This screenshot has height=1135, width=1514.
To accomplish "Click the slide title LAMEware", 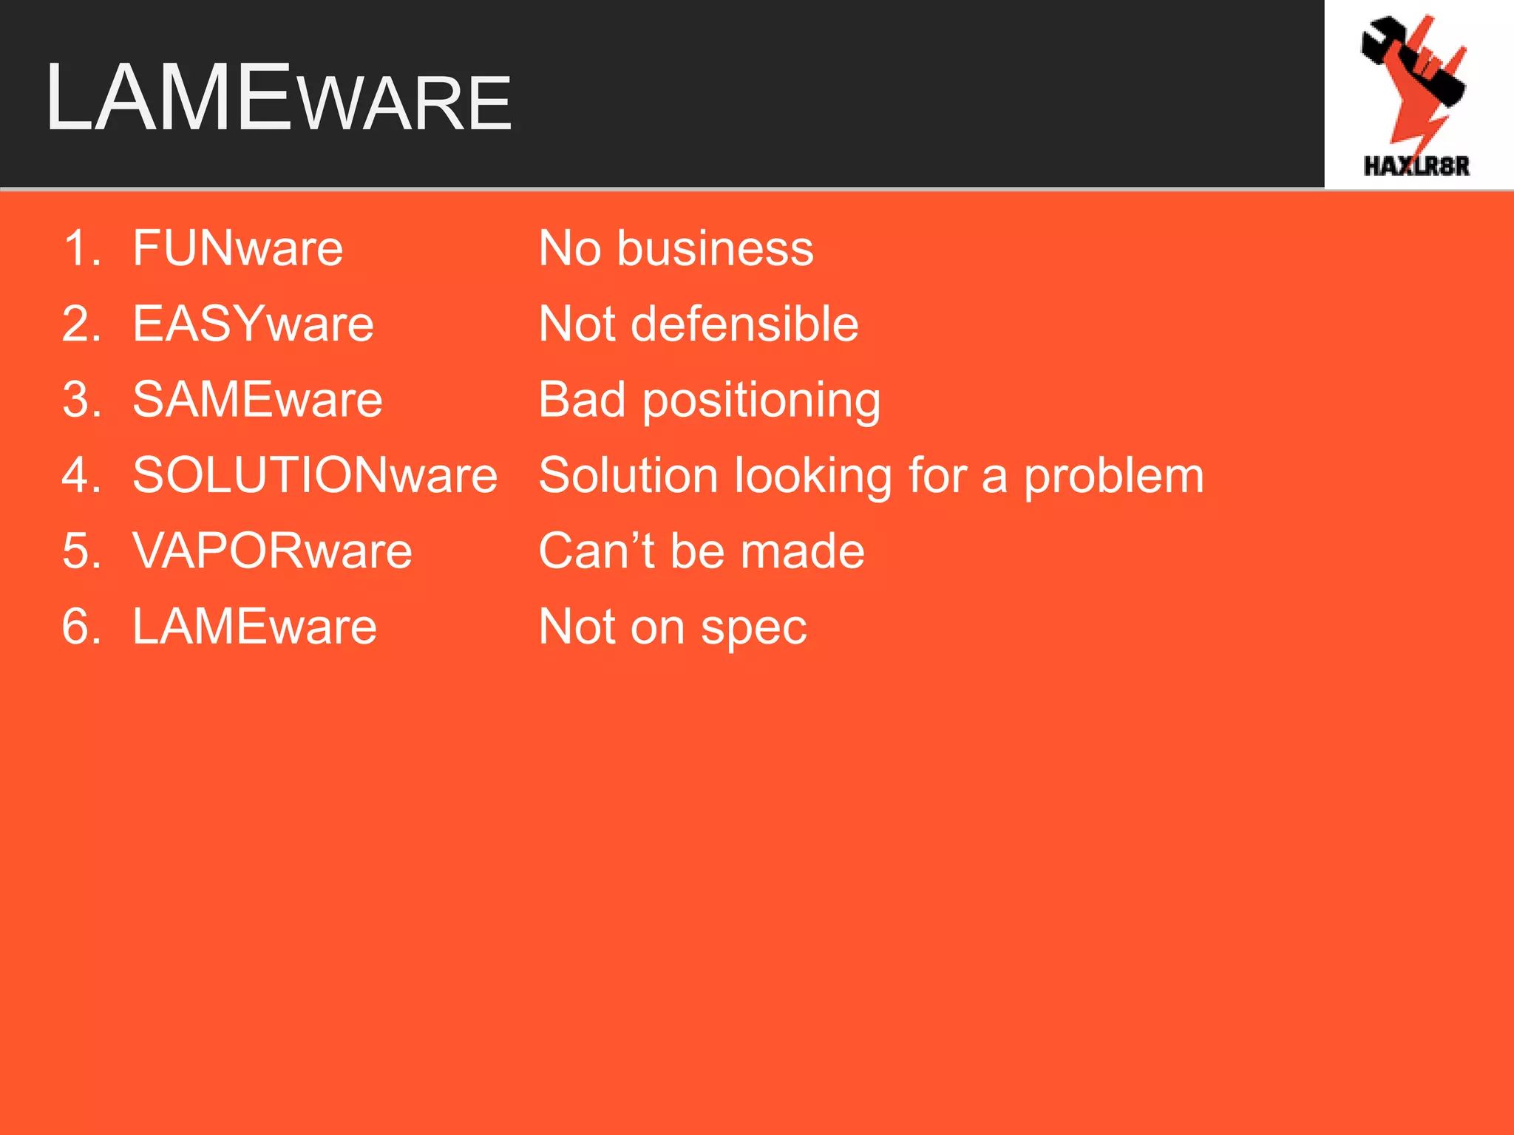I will (278, 98).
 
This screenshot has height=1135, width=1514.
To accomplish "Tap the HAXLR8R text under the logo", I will (1416, 166).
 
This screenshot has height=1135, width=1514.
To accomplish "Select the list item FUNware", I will (237, 248).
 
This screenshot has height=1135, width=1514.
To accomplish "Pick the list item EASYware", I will (253, 324).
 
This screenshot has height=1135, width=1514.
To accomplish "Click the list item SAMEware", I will (257, 400).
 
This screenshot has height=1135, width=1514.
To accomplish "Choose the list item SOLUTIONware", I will (315, 475).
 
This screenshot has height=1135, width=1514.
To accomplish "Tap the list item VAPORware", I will (272, 551).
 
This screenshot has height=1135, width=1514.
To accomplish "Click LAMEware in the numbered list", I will (254, 627).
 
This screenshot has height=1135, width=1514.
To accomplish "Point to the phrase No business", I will (676, 248).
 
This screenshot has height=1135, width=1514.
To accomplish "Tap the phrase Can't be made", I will (702, 551).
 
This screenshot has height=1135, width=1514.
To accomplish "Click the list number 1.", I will (81, 248).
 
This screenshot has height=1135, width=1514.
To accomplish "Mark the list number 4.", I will (81, 475).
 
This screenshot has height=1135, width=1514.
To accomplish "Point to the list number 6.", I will (81, 627).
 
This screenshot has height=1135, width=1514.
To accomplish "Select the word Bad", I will (582, 400).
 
